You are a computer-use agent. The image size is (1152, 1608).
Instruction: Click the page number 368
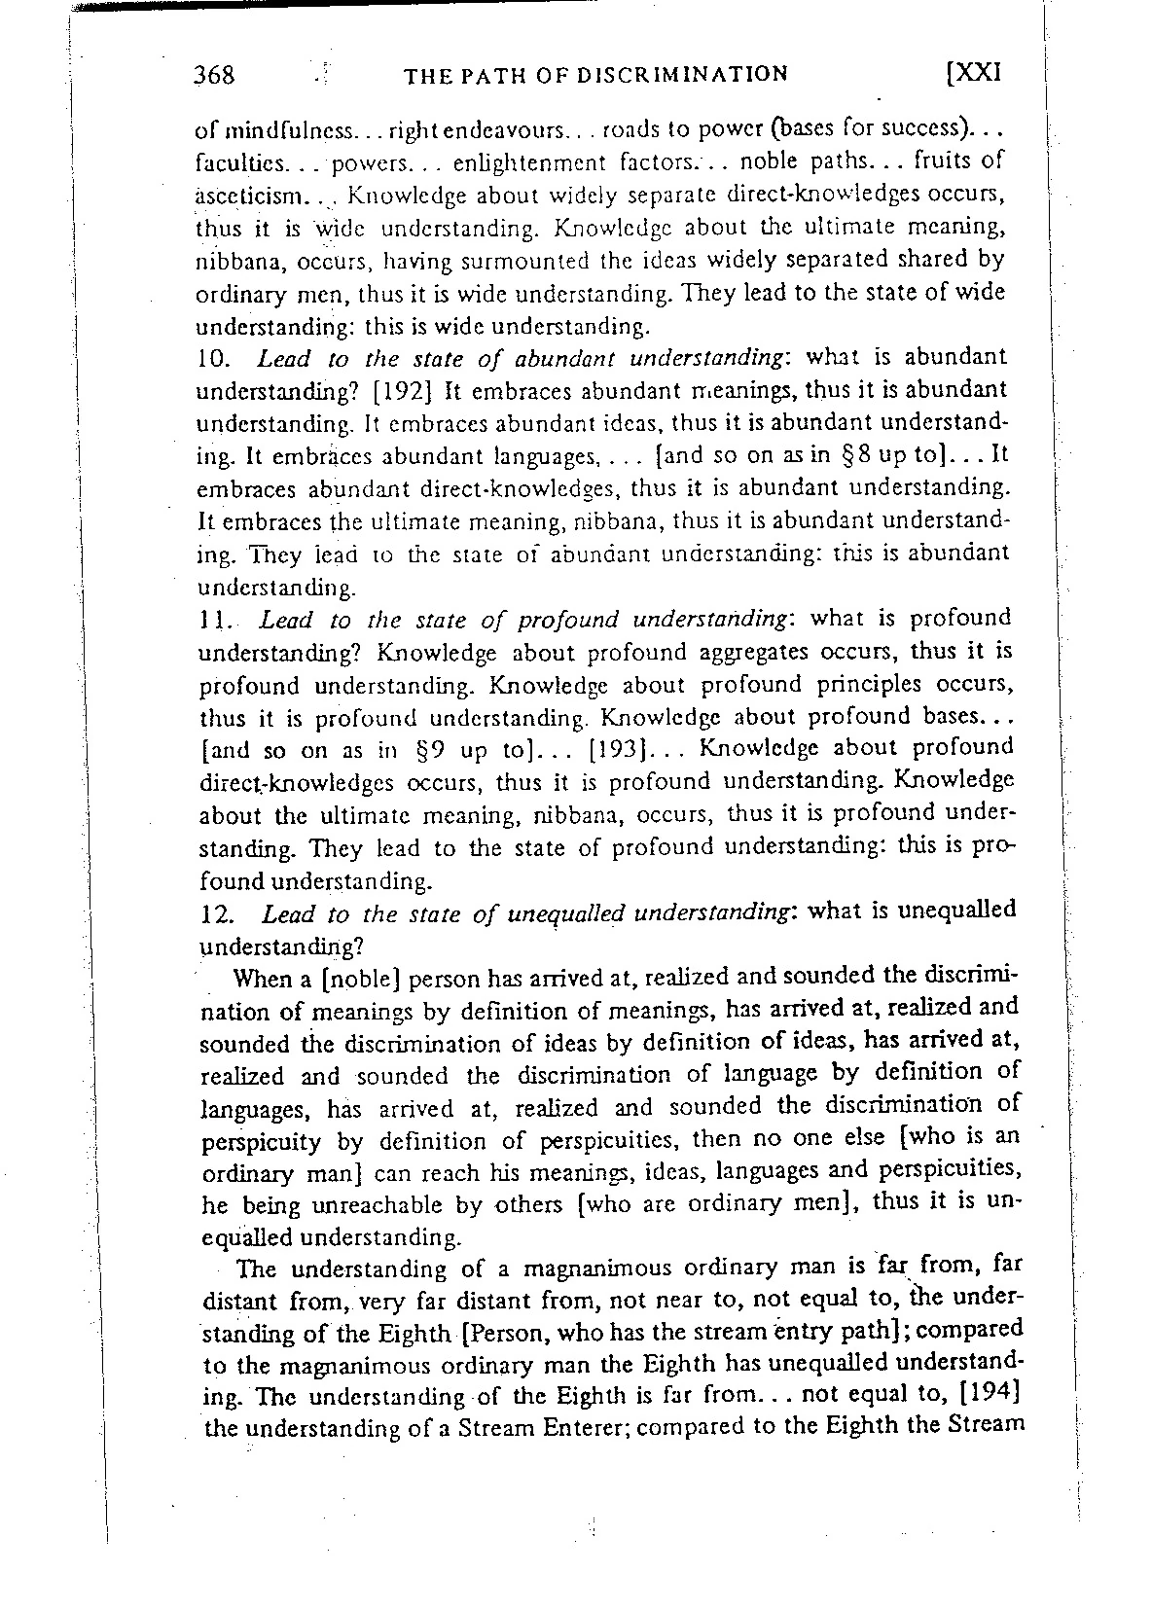tap(214, 75)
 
